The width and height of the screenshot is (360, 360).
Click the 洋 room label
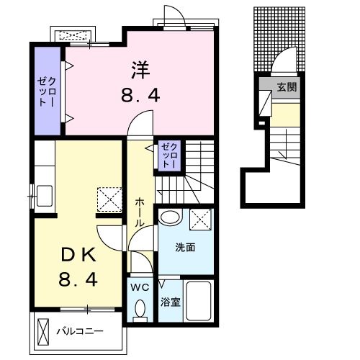pos(140,70)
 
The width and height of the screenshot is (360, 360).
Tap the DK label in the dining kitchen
pos(78,255)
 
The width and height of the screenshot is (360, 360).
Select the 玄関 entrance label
pos(287,87)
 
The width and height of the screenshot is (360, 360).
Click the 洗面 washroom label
pos(185,247)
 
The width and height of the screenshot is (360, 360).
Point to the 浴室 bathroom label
pos(171,302)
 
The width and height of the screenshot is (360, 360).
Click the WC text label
pos(140,287)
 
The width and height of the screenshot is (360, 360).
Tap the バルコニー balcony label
pos(80,331)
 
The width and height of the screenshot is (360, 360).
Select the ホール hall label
pos(140,212)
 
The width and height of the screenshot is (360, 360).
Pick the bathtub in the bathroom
pos(199,301)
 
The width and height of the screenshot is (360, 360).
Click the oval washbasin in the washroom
pos(170,217)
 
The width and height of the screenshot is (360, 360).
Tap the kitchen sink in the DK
pos(45,196)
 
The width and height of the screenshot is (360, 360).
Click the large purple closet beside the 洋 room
pos(48,91)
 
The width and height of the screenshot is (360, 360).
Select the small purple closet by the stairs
pos(169,156)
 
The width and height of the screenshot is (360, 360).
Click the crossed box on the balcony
pos(43,332)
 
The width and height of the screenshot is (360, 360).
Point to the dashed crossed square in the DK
pos(109,199)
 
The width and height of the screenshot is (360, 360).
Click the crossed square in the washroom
pos(201,220)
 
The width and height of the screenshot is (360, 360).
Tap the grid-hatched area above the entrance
pos(279,39)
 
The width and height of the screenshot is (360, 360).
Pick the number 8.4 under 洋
pos(140,96)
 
